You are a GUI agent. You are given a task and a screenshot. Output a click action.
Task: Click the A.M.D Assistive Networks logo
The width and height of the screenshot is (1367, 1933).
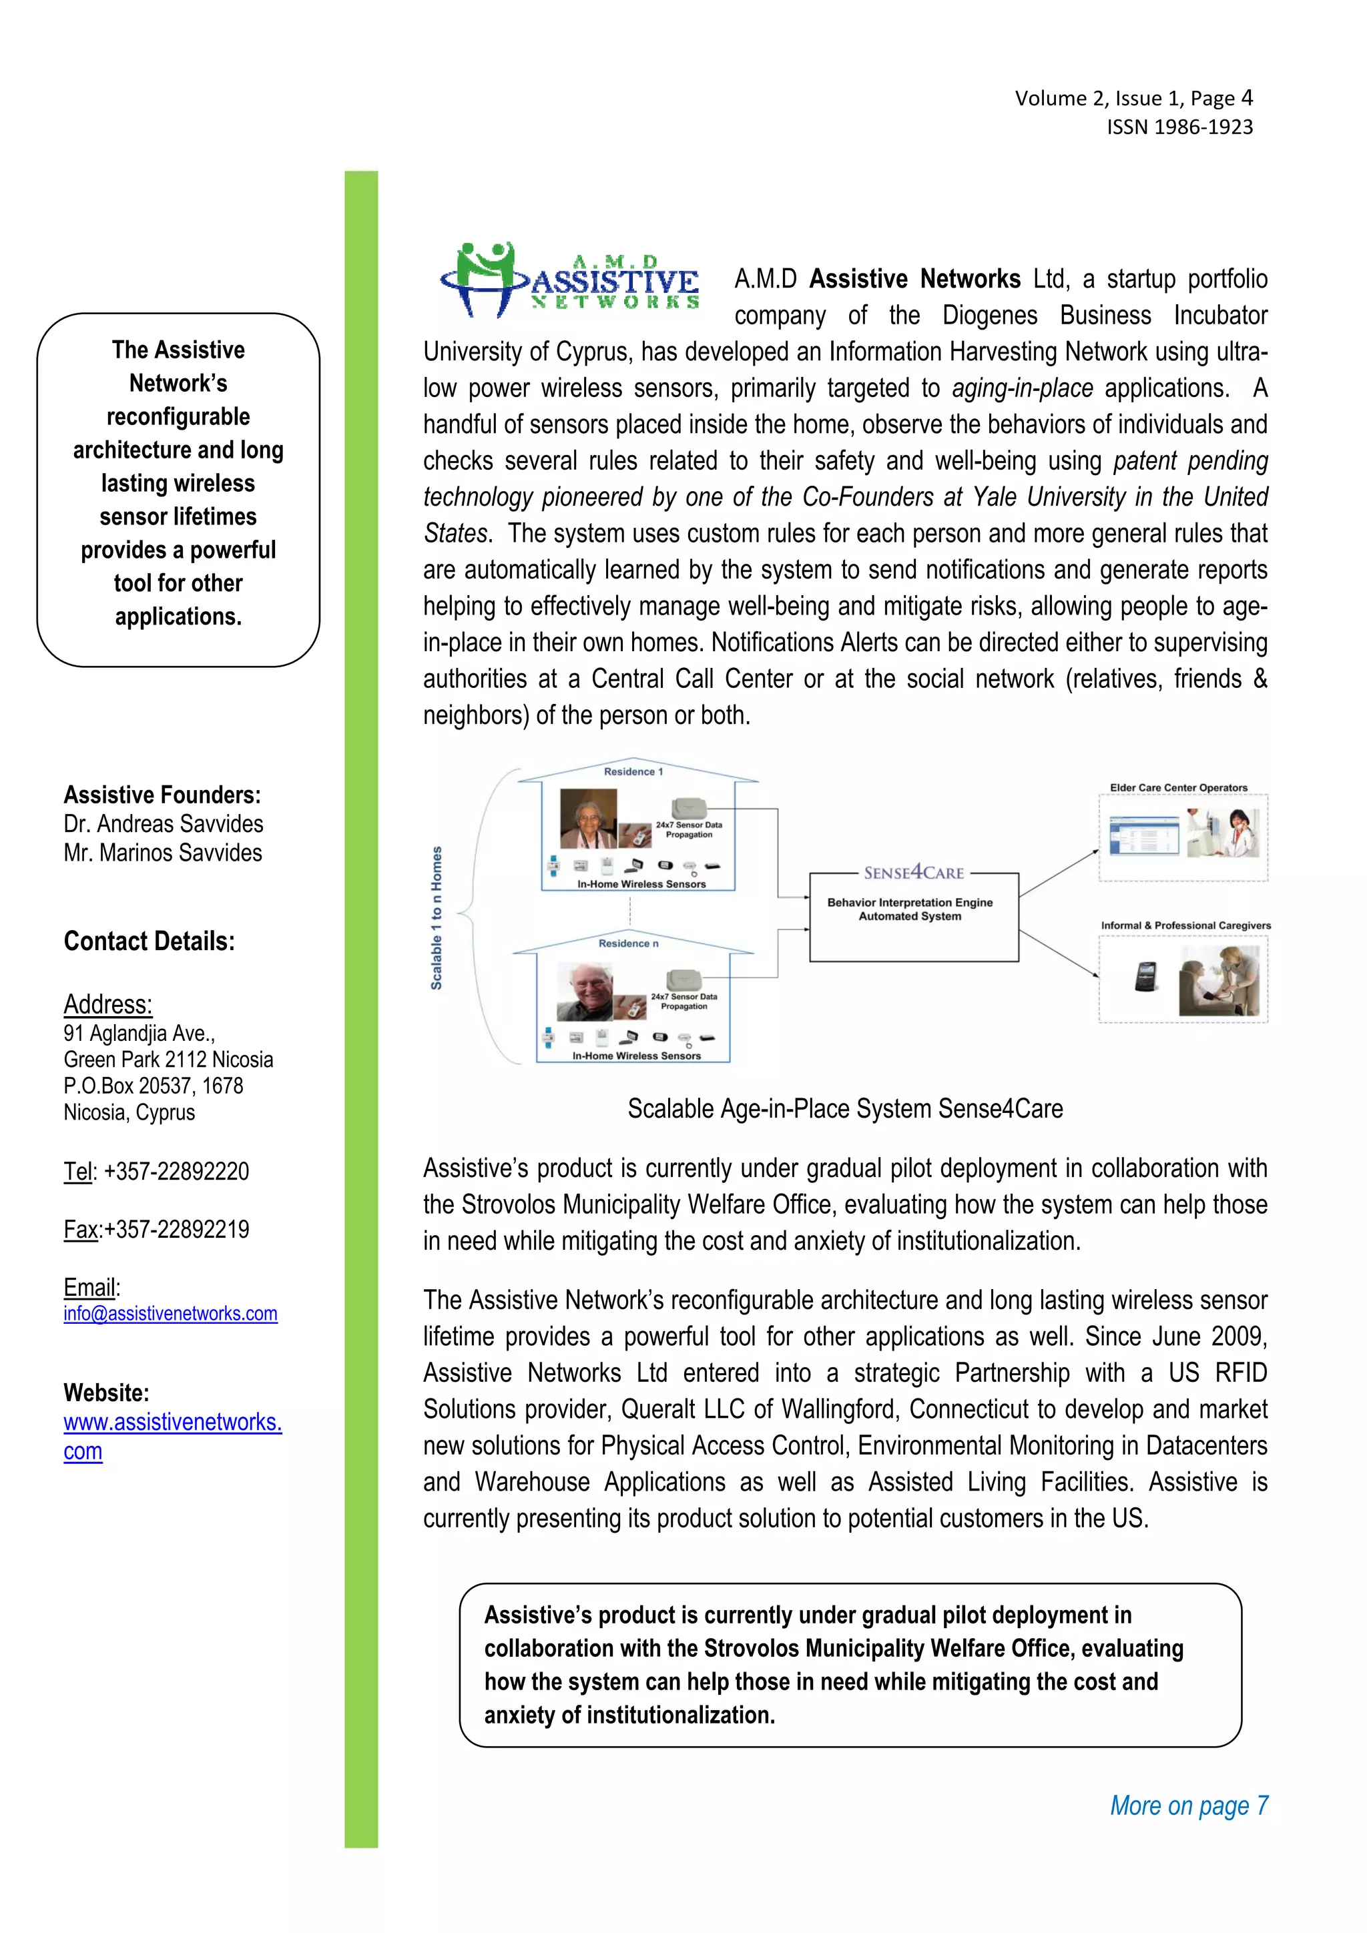pos(570,281)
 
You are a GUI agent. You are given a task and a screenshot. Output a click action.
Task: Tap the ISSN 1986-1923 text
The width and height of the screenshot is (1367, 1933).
pos(1179,127)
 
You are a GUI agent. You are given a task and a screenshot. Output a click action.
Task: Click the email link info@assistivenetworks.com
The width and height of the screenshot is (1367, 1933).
pos(170,1313)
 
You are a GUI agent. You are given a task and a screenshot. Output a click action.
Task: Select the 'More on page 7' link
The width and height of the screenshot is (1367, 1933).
pos(1188,1805)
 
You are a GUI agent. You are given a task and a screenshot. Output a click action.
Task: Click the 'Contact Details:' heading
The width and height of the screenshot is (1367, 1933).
pos(149,941)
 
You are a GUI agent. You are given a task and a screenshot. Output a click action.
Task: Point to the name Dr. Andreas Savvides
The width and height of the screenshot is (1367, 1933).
pos(164,823)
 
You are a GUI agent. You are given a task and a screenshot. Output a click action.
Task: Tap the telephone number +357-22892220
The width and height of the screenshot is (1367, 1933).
pos(176,1171)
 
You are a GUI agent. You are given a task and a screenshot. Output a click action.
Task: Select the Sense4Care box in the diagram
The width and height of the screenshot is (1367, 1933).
pos(914,916)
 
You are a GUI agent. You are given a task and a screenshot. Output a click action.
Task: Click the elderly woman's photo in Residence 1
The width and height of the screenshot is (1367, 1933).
pos(587,818)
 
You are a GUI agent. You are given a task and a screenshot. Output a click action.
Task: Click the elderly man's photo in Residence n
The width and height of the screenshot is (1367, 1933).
pos(585,991)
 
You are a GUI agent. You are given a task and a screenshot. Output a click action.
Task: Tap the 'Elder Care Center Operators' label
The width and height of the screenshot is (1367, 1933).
pos(1177,788)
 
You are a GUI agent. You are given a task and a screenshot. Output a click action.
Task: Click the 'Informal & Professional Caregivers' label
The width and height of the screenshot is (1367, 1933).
pos(1185,925)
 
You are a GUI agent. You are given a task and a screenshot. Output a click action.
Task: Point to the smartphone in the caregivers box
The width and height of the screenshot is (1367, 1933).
pos(1146,977)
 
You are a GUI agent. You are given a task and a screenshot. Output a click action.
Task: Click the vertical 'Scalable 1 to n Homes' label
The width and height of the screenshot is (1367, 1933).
pos(437,917)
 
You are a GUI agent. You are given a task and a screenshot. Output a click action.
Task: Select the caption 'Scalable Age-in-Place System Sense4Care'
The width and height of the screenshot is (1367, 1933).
pos(845,1109)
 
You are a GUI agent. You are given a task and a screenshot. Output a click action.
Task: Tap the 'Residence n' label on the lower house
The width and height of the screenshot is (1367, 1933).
pos(628,943)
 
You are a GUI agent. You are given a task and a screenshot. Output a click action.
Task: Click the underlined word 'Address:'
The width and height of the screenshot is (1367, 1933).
pos(108,1004)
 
